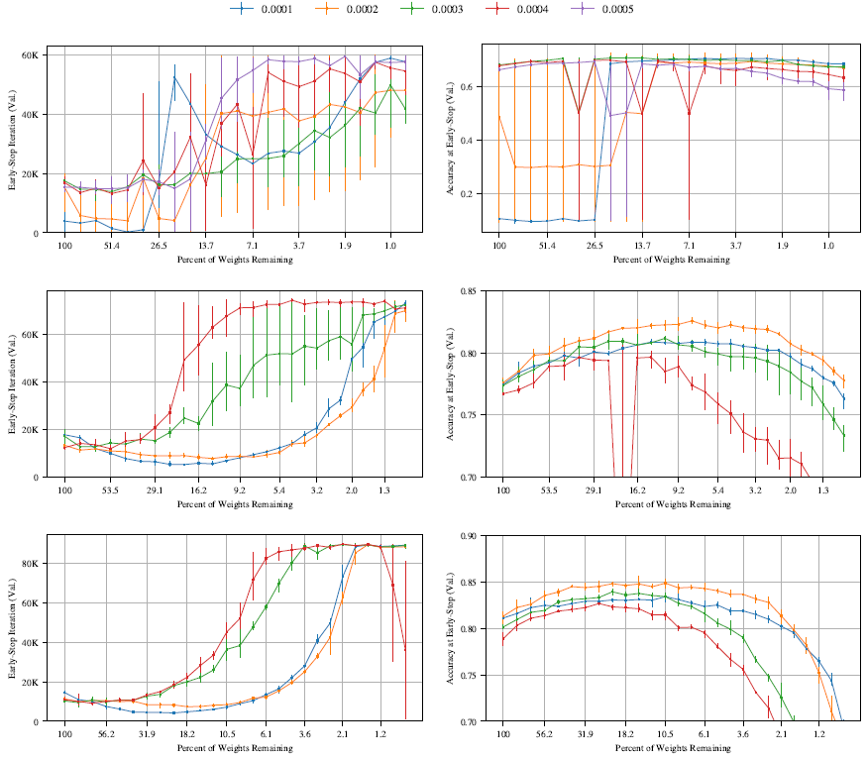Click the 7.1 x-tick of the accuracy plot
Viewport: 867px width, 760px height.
point(688,245)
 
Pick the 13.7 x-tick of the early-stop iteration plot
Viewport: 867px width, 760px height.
point(206,245)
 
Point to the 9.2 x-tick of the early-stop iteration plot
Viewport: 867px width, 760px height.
point(240,490)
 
